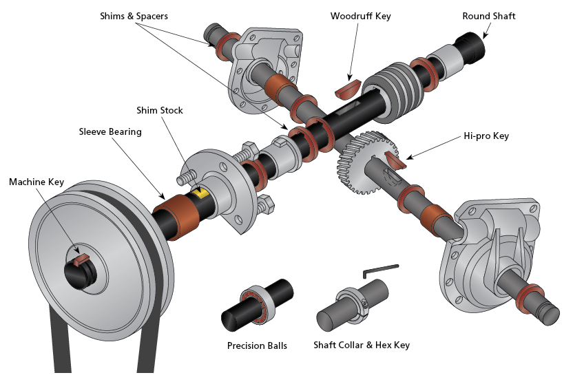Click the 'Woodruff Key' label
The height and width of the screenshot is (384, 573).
coord(360,16)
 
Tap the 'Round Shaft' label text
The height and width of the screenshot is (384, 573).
coord(488,16)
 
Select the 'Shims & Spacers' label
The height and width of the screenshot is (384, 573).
coord(143,16)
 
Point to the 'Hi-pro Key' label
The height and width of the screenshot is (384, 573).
coord(486,136)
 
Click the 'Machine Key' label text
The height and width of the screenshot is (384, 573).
coord(37,182)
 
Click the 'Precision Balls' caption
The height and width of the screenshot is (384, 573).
coord(257,345)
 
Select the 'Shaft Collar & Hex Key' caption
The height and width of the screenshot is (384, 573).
coord(362,345)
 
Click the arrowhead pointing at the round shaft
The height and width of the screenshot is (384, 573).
coord(483,35)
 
